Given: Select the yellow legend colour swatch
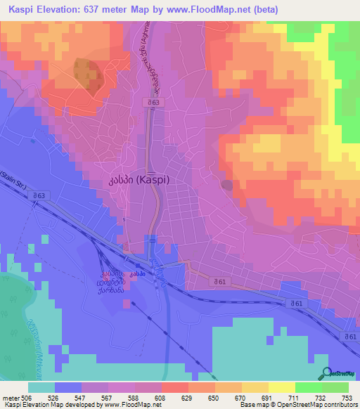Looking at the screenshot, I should (254, 387).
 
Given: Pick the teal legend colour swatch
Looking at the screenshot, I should (41, 387).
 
